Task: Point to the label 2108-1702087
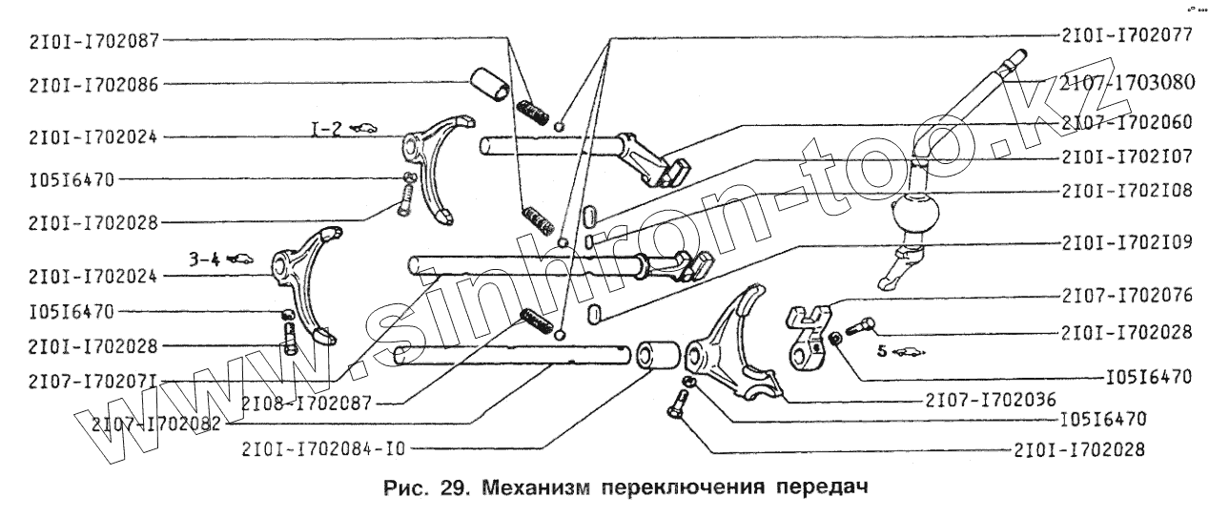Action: point(306,404)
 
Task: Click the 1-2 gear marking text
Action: point(327,128)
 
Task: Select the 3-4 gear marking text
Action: point(204,258)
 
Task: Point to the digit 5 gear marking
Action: point(882,350)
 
